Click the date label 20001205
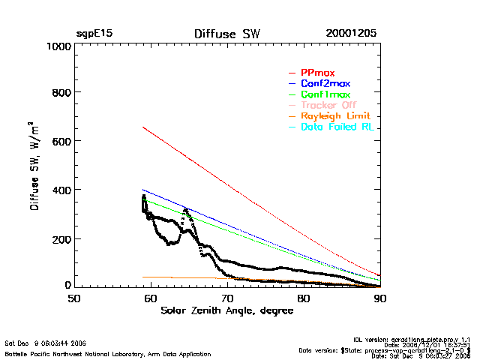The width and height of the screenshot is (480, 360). (x=351, y=34)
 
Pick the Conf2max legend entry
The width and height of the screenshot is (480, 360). (x=325, y=84)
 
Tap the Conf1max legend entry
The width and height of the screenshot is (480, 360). (x=325, y=95)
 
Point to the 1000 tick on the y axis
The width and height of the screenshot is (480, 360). (x=57, y=46)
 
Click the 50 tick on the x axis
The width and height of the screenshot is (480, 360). (x=74, y=298)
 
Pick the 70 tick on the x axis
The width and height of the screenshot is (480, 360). (x=227, y=298)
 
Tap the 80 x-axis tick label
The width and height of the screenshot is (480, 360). (x=304, y=298)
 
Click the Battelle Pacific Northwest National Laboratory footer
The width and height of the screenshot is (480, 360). (x=108, y=353)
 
